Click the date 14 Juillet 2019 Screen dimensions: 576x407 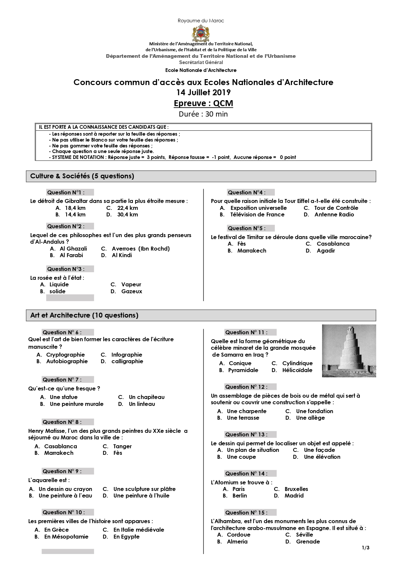pyautogui.click(x=203, y=92)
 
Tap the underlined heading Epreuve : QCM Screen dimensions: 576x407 pyautogui.click(x=203, y=103)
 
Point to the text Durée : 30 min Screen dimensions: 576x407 pyautogui.click(x=203, y=114)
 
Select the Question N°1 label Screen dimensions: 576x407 pyautogui.click(x=66, y=192)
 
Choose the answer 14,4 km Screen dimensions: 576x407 pyautogui.click(x=75, y=215)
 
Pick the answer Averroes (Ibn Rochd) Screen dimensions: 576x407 pyautogui.click(x=141, y=249)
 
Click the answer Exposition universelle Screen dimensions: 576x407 pyautogui.click(x=258, y=208)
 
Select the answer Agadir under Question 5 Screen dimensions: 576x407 pyautogui.click(x=326, y=251)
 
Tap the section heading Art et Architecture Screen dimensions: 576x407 pyautogui.click(x=84, y=315)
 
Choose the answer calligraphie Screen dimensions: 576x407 pyautogui.click(x=127, y=361)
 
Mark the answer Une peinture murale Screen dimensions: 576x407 pyautogui.click(x=76, y=404)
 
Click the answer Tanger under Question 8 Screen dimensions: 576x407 pyautogui.click(x=122, y=446)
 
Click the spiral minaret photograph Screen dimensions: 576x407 pyautogui.click(x=349, y=351)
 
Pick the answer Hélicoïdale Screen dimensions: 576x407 pyautogui.click(x=297, y=370)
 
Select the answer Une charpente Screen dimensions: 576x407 pyautogui.click(x=247, y=411)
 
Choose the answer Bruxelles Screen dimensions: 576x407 pyautogui.click(x=296, y=489)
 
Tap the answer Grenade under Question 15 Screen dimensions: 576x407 pyautogui.click(x=308, y=542)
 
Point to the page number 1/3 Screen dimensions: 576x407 pyautogui.click(x=366, y=547)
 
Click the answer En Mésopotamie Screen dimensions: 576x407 pyautogui.click(x=66, y=537)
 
